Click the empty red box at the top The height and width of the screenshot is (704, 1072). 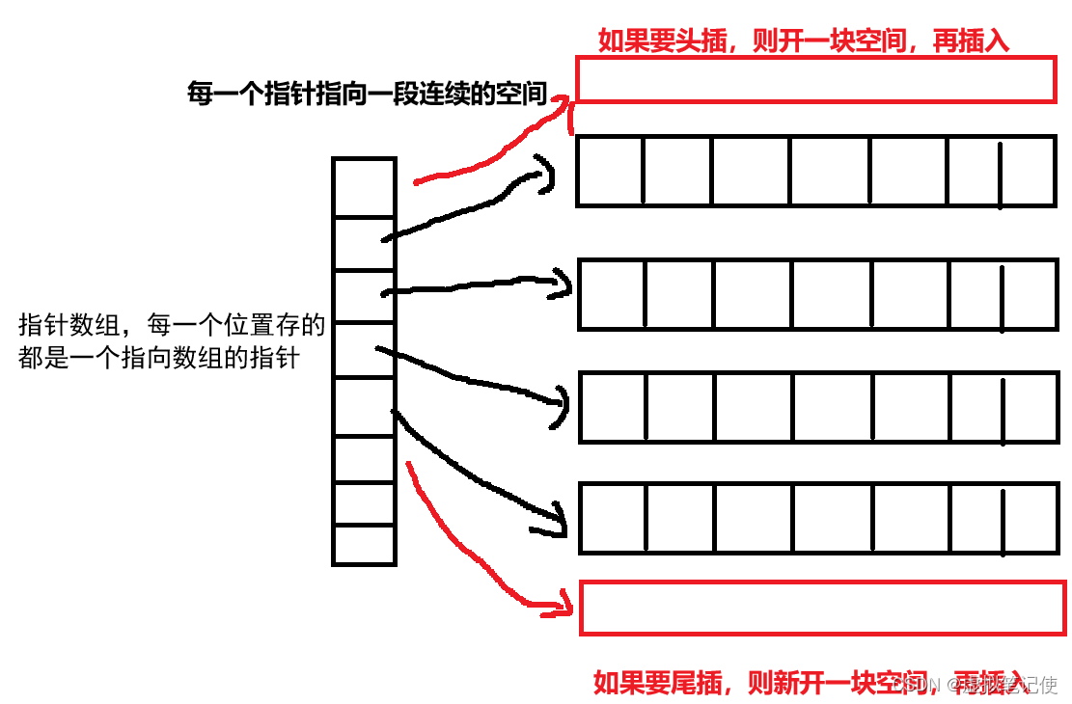pos(815,80)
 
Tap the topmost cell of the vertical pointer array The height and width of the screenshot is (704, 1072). pos(364,188)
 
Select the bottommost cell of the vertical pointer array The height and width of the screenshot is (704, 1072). pos(364,544)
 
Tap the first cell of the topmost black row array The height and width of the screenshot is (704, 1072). pos(610,172)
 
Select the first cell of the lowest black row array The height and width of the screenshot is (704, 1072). pos(613,518)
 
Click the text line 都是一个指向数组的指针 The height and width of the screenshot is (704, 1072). pos(159,359)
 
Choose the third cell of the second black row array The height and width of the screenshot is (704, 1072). pos(753,294)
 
